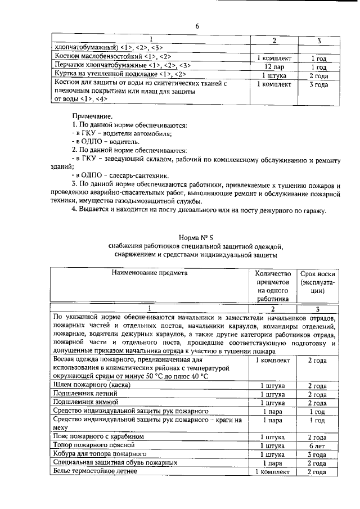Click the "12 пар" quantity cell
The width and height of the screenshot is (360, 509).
(x=273, y=66)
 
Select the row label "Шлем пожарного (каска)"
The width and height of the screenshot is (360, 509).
(x=92, y=385)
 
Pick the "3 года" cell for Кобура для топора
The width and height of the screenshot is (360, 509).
(x=318, y=454)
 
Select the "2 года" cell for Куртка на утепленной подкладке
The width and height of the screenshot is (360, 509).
(x=318, y=75)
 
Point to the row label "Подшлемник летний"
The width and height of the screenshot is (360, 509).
(x=84, y=394)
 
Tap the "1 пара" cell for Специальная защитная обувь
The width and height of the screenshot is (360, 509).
(x=273, y=463)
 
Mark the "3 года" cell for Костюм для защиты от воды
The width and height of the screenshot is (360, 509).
(x=318, y=84)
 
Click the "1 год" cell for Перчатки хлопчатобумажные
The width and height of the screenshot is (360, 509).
(x=318, y=66)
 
